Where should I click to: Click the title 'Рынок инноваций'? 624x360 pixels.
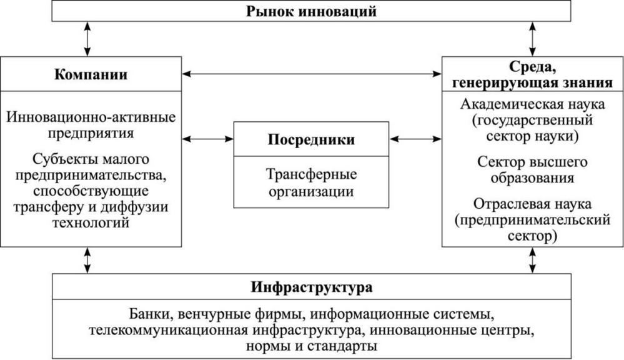click(311, 11)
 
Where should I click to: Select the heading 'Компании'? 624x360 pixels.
click(91, 74)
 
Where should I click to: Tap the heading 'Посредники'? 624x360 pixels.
click(311, 140)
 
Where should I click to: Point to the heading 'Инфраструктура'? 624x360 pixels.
click(312, 287)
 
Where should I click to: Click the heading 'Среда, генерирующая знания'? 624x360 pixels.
click(532, 74)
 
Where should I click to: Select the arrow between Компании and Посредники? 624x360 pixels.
click(208, 139)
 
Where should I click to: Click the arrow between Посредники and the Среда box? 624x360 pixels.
click(415, 139)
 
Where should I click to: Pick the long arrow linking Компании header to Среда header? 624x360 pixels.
click(312, 74)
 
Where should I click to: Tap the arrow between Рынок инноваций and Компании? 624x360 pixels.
click(87, 39)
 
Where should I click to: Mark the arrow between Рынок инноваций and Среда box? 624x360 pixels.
click(532, 39)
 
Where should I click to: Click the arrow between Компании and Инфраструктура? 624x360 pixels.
click(87, 260)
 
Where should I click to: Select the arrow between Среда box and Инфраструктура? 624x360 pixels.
click(532, 260)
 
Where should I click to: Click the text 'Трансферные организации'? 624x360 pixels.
click(311, 182)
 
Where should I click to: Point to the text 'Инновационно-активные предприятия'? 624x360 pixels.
click(91, 124)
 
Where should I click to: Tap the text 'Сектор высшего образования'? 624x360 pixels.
click(532, 169)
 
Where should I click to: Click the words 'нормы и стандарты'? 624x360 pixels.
click(312, 345)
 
